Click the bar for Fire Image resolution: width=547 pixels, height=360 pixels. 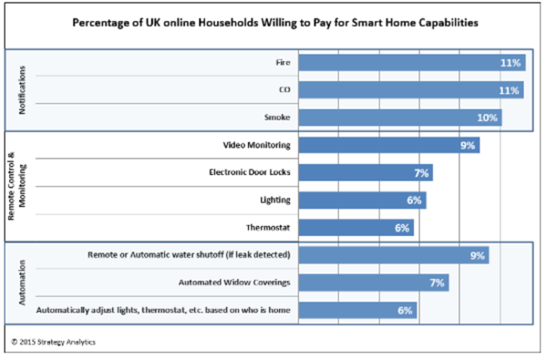pos(410,63)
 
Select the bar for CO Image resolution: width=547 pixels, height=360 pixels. pos(410,90)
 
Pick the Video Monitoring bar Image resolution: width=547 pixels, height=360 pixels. pos(388,145)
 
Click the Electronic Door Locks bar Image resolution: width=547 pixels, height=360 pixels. pos(365,172)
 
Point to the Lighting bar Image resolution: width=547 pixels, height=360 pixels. pos(361,200)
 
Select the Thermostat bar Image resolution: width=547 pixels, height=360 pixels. pos(356,227)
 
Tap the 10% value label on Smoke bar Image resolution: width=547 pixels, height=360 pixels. pos(489,118)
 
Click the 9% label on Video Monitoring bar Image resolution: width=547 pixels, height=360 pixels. pos(467,145)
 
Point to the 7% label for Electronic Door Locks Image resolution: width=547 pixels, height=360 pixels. pos(420,172)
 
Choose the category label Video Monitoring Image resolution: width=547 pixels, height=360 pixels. pos(257,145)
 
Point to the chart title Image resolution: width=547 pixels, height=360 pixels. pos(273,20)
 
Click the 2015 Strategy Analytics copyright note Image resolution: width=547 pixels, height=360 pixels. pos(57,342)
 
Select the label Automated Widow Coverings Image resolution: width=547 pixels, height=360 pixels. pos(232,283)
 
